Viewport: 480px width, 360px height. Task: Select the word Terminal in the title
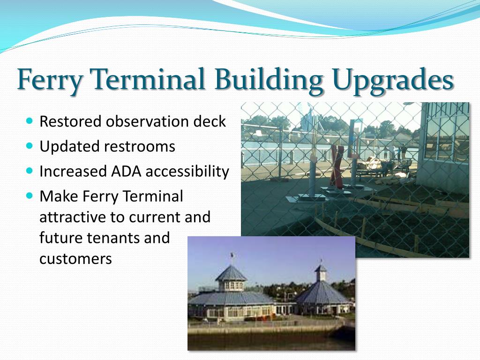tap(148, 78)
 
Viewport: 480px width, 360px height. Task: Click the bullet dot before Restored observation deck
tap(30, 120)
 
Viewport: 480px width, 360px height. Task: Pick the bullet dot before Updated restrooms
tap(30, 145)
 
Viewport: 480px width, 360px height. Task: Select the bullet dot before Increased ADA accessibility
tap(30, 171)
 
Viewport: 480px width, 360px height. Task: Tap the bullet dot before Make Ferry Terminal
tap(30, 195)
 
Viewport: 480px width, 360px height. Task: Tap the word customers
tap(75, 259)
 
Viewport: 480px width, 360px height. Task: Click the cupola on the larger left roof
tap(231, 278)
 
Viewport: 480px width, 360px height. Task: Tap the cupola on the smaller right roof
tap(321, 273)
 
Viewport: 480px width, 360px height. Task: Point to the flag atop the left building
tap(232, 255)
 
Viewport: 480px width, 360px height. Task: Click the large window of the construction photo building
tap(447, 132)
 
